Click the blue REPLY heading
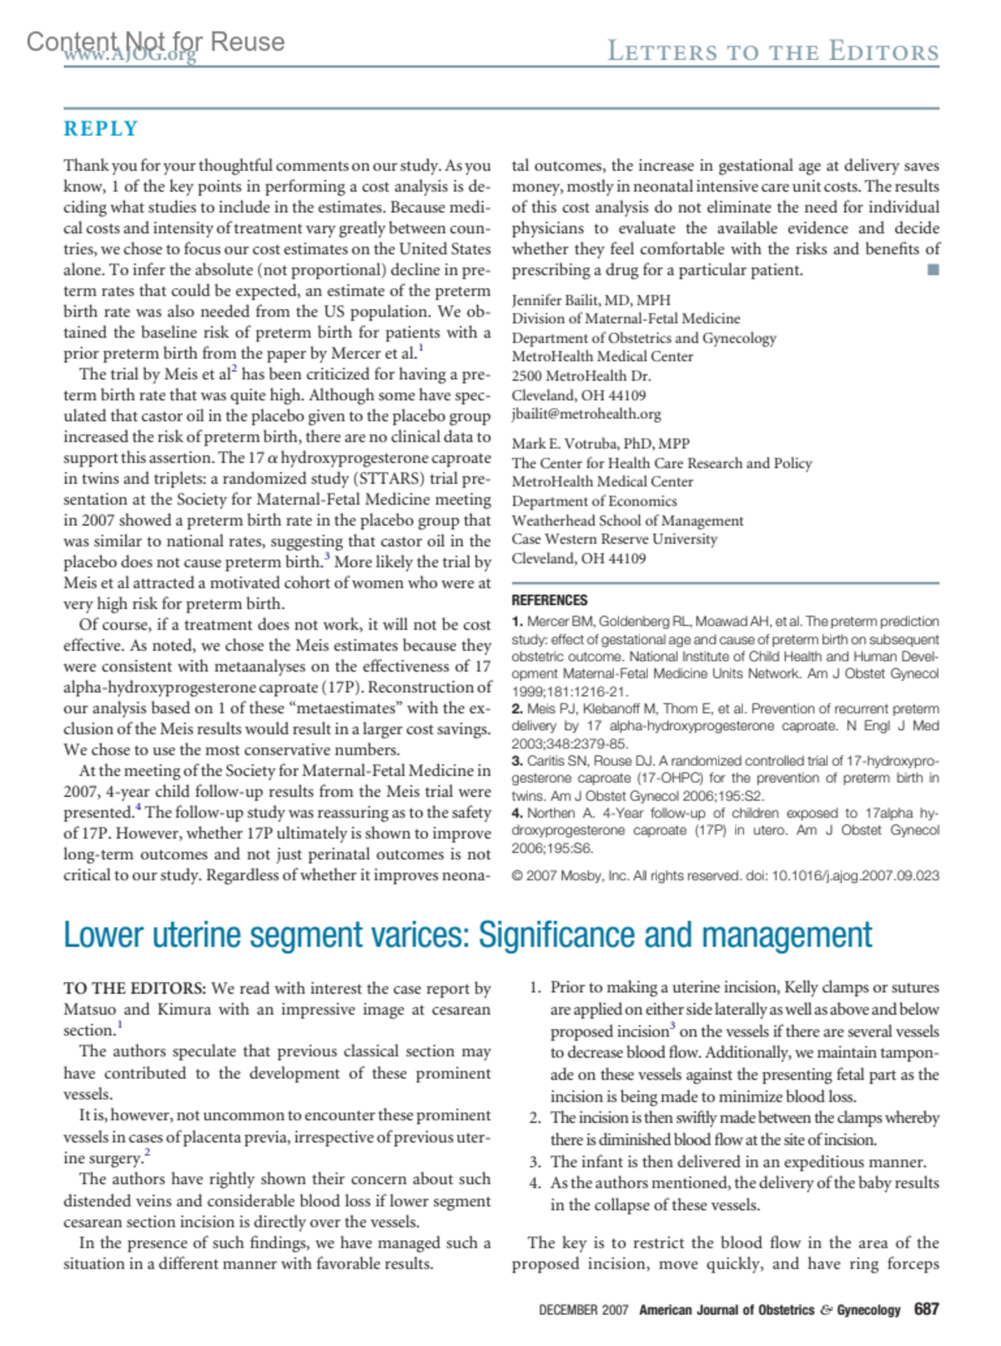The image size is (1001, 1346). pos(101,129)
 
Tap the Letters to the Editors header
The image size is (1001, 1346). pos(772,51)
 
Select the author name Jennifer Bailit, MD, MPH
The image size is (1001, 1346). pos(591,300)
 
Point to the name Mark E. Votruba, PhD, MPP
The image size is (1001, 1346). pos(600,443)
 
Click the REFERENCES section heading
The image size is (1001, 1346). pos(549,600)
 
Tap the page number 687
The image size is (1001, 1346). pos(926,1308)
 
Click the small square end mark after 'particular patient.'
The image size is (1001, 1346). pos(933,270)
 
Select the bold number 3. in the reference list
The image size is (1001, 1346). pos(517,761)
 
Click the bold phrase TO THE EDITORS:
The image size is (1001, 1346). pos(134,988)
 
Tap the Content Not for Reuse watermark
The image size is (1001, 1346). pos(155,42)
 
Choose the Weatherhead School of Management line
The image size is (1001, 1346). pos(627,520)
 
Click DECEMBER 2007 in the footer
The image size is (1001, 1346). pos(583,1310)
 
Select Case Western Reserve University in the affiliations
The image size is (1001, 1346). pos(614,539)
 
